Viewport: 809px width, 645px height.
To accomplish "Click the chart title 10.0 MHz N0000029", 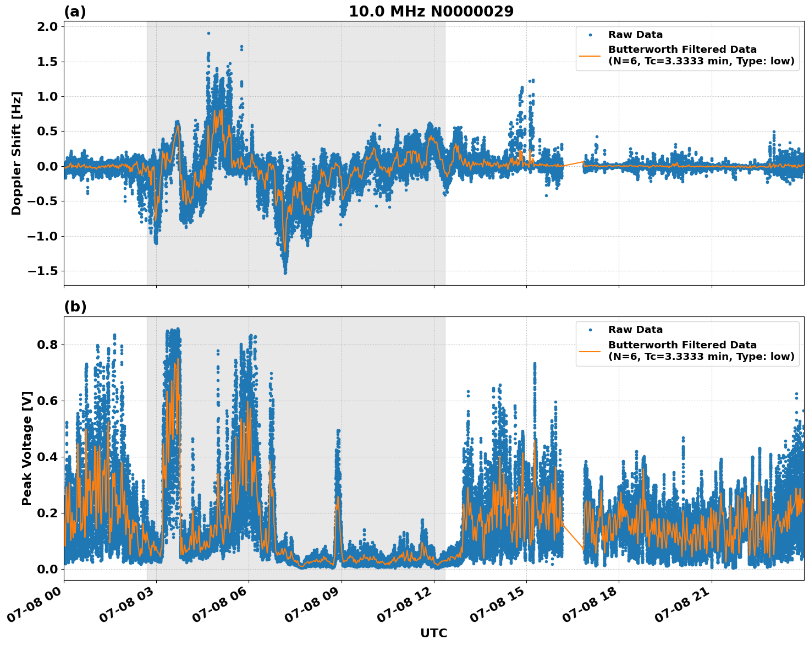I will tap(431, 12).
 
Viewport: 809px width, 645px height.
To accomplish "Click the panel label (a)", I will tap(75, 12).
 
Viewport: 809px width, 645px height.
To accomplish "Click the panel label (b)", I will tap(75, 307).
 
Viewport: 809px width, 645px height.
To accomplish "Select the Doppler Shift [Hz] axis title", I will tap(16, 153).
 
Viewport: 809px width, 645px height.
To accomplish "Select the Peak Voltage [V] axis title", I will tap(27, 448).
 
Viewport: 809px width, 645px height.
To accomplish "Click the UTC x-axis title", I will tap(433, 633).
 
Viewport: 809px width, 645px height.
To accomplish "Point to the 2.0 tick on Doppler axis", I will tap(46, 26).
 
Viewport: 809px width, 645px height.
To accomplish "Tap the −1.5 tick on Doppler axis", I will tap(43, 271).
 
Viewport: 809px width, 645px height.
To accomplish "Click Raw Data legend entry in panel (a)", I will tap(635, 35).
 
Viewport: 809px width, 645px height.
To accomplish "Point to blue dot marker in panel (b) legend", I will tap(590, 330).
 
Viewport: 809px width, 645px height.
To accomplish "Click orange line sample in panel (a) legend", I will tap(590, 56).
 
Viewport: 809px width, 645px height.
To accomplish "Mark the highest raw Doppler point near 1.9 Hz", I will tap(208, 33).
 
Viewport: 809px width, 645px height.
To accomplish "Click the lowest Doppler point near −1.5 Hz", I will tap(285, 272).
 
